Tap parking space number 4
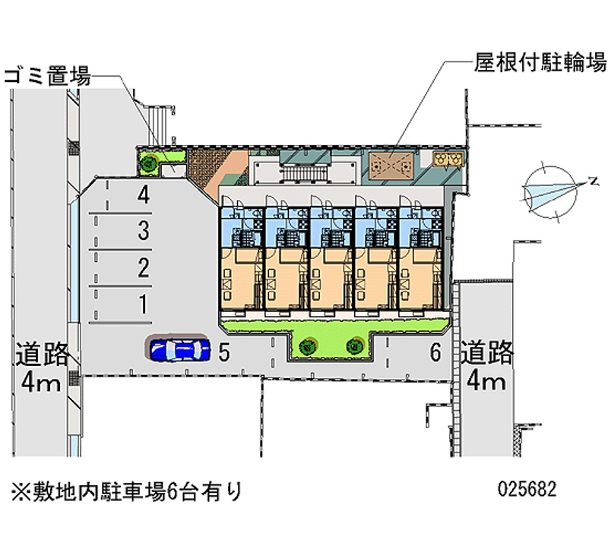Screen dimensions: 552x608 [142, 197]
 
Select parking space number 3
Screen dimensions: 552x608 [142, 231]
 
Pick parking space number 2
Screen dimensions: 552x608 [142, 267]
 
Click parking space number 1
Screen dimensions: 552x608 [142, 304]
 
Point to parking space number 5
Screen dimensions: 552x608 [223, 352]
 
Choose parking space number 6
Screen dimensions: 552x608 [435, 352]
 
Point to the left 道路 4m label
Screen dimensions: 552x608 [41, 367]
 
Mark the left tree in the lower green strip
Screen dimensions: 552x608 [307, 346]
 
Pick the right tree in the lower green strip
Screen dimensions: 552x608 [354, 346]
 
